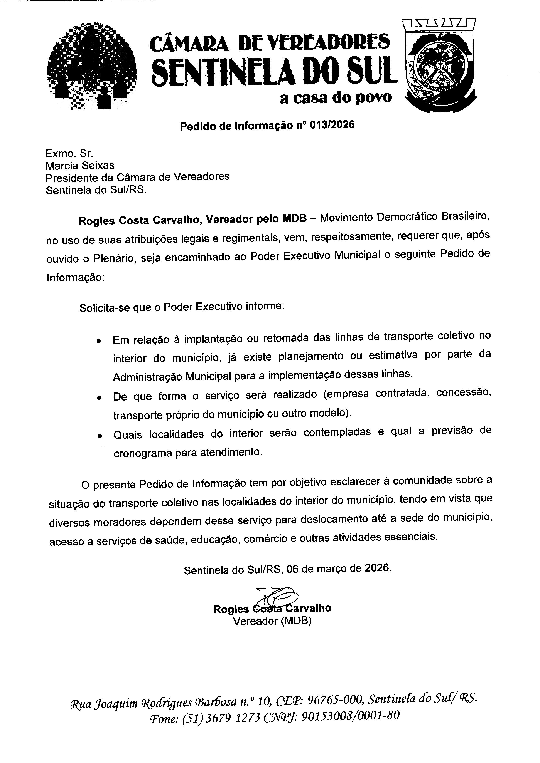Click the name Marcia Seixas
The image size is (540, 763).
[x=80, y=165]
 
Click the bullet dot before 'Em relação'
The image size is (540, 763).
[x=99, y=341]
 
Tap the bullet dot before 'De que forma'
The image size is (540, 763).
[x=99, y=398]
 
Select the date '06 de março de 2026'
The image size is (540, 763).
[x=339, y=568]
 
